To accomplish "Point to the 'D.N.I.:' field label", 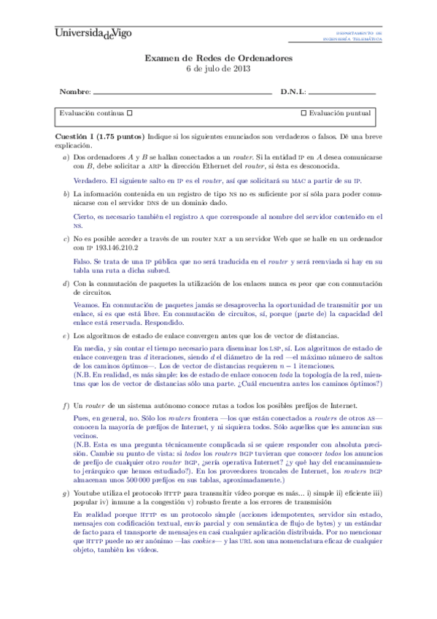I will coord(293,93).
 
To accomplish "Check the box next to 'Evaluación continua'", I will coord(129,114).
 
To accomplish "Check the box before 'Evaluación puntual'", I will coord(303,114).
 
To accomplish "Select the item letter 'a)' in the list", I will coord(65,157).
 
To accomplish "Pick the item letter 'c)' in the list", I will coord(65,239).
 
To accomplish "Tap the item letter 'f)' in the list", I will coord(65,405).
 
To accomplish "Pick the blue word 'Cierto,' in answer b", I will coord(88,217).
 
